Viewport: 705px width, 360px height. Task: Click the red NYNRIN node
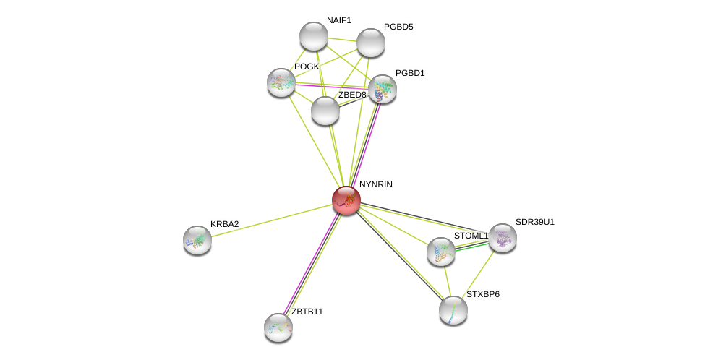[x=346, y=200]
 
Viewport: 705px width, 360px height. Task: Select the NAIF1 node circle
[x=314, y=36]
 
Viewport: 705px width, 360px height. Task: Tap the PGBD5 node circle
[x=371, y=43]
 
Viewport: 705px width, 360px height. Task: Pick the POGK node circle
[x=281, y=82]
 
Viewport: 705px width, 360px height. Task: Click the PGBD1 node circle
[x=383, y=89]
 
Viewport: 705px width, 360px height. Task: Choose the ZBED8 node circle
[x=325, y=111]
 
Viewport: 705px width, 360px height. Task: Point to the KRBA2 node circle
[x=197, y=240]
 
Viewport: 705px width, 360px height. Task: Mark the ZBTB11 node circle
[x=278, y=327]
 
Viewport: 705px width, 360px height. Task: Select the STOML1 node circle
[x=441, y=252]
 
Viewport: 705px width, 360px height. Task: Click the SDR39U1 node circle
[x=503, y=238]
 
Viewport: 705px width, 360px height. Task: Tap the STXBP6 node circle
[x=453, y=310]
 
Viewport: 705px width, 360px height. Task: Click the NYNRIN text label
[x=376, y=184]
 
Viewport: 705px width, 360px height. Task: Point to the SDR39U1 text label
[x=534, y=222]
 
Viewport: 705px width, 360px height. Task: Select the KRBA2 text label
[x=224, y=224]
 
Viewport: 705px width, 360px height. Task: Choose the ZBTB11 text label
[x=307, y=312]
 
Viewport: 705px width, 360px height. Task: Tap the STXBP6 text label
[x=482, y=294]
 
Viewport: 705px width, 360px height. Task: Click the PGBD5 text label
[x=398, y=27]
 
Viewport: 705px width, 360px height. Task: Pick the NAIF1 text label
[x=338, y=20]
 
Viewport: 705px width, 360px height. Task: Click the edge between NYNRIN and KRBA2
[x=272, y=220]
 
